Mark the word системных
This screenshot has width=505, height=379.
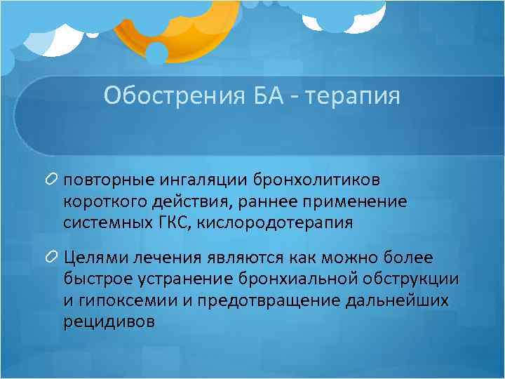tap(104, 223)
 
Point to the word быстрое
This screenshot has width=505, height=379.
tap(96, 279)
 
